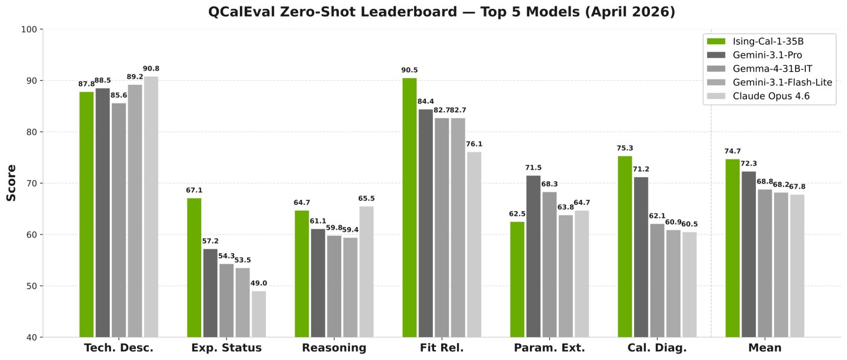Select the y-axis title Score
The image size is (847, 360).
(x=11, y=183)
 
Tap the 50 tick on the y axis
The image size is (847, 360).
(x=32, y=286)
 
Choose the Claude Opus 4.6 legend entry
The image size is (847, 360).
(x=771, y=96)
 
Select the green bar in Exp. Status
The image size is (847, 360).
(x=194, y=267)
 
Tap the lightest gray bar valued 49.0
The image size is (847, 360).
(x=259, y=314)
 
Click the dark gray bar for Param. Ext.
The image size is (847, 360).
(x=533, y=256)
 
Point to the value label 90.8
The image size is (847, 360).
(x=151, y=69)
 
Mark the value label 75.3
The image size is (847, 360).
(x=625, y=148)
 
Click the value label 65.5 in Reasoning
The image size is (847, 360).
(x=366, y=199)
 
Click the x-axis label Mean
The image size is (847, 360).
(x=765, y=348)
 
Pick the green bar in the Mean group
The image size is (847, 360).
(x=732, y=248)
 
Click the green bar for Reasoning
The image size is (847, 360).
(x=302, y=274)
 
